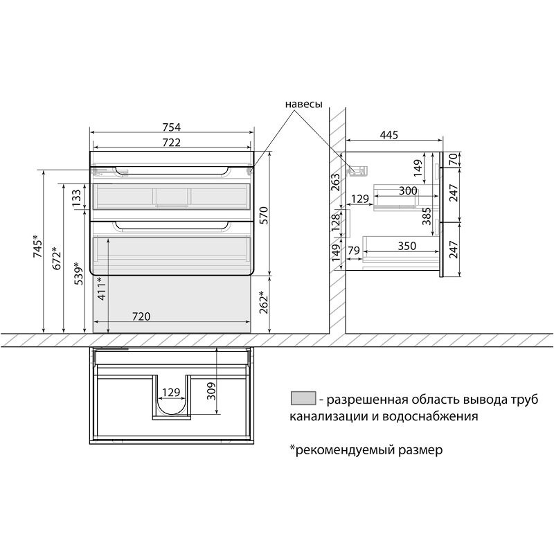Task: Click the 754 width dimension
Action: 172,127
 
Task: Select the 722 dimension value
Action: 172,142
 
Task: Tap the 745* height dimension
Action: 38,247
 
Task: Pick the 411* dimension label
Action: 102,289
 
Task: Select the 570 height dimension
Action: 264,215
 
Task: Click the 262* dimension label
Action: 264,302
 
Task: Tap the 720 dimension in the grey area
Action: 141,316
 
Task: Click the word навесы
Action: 304,105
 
